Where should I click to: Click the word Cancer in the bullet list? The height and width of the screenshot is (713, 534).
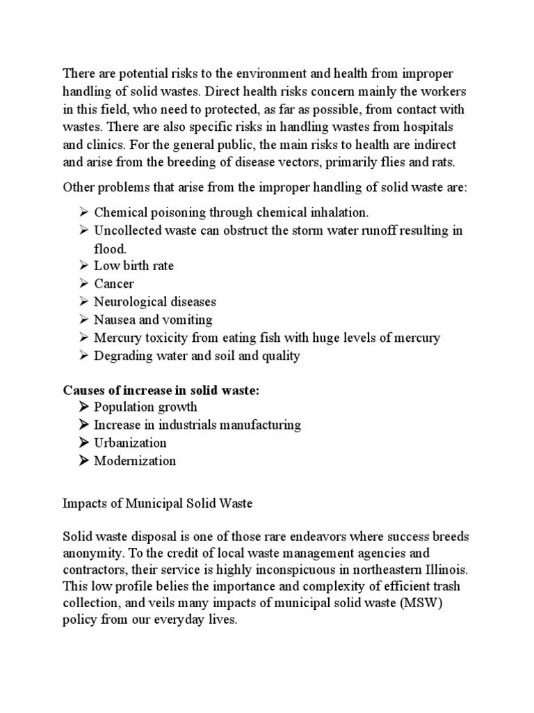coord(114,284)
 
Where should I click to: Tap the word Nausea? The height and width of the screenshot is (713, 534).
coord(113,320)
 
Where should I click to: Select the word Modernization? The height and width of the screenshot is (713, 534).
coord(135,461)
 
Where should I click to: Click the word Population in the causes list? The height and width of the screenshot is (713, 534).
coord(121,407)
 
